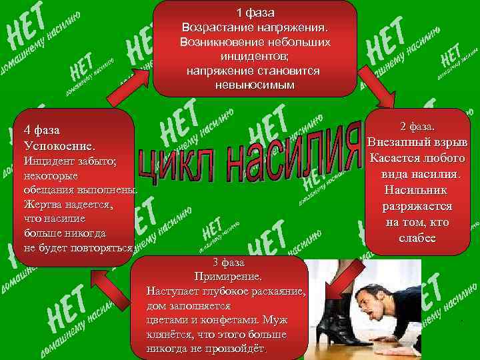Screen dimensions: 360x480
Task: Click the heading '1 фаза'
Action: [x=255, y=13]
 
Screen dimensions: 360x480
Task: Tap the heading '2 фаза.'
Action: [x=418, y=127]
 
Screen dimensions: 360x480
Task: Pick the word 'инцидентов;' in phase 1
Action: [x=255, y=56]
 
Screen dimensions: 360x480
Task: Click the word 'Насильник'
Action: [x=417, y=190]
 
